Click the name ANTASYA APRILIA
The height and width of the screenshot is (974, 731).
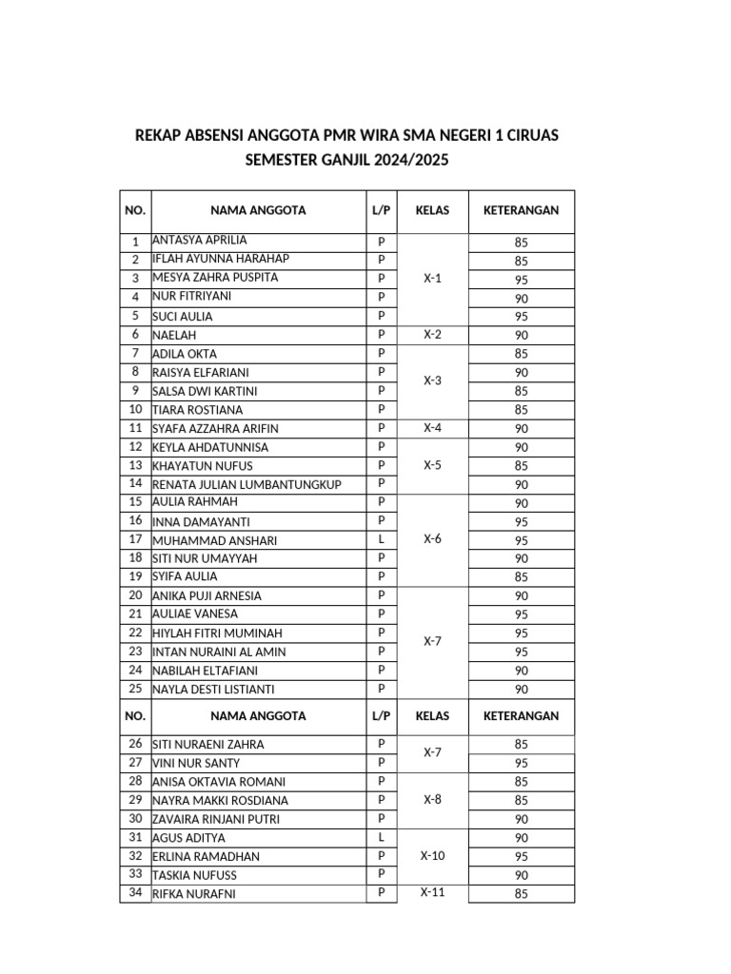[x=199, y=241]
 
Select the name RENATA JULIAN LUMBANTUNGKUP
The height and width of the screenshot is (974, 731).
[x=247, y=485]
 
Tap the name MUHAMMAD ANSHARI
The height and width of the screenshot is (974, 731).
[x=215, y=540]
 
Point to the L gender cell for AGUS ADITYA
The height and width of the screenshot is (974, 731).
[x=381, y=837]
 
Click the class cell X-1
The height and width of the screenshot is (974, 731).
[x=432, y=279]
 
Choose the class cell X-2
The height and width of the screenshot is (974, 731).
[x=432, y=335]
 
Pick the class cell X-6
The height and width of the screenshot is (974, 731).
[x=432, y=539]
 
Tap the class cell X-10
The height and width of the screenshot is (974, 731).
[x=432, y=856]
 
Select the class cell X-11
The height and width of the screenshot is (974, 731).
[x=432, y=893]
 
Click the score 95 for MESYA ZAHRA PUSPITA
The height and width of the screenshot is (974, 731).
[x=521, y=280]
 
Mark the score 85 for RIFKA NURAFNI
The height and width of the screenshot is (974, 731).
[x=521, y=894]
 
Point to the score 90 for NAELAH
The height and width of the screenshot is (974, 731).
[x=521, y=336]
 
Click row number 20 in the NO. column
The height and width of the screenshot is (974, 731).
[x=135, y=595]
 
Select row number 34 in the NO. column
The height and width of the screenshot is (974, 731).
[x=135, y=893]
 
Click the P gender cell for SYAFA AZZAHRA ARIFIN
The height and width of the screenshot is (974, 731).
[x=381, y=428]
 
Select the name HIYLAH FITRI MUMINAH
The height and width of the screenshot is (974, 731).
[x=217, y=633]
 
